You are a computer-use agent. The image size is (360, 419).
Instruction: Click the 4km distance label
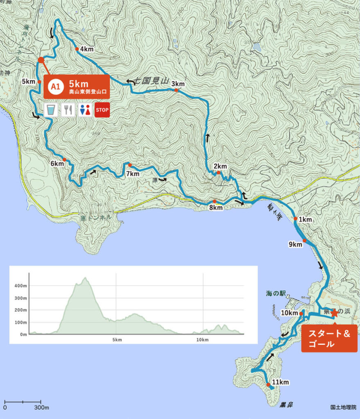[87, 50]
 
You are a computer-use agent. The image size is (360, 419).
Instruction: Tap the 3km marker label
[178, 84]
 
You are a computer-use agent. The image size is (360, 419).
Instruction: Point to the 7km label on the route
[133, 173]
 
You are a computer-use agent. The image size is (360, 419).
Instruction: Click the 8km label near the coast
[216, 208]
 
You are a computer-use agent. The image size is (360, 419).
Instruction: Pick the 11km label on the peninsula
[281, 383]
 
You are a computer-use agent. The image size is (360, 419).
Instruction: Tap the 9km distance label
[295, 245]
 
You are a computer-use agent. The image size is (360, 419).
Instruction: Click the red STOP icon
[102, 110]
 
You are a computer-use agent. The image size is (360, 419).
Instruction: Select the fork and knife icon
[68, 110]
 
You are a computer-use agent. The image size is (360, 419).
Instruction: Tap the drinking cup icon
[50, 110]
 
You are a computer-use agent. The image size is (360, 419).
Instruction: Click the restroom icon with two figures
[85, 110]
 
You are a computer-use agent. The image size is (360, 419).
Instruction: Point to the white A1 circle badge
[54, 86]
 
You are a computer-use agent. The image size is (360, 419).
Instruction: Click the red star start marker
[334, 313]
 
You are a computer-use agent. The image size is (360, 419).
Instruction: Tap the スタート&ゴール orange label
[329, 339]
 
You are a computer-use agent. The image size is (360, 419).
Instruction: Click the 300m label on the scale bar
[41, 408]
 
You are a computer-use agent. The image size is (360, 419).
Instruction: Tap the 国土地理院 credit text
[343, 408]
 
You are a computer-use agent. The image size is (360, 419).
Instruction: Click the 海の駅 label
[274, 293]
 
